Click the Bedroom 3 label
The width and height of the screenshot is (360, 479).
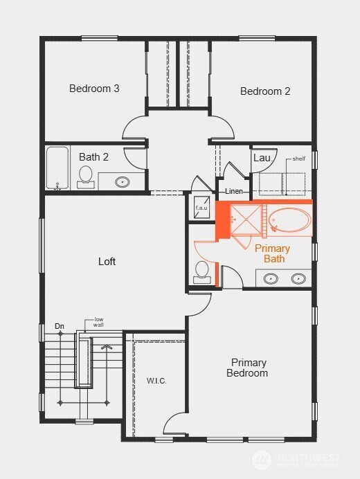click(x=94, y=89)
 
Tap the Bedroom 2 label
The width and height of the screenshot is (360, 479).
click(x=265, y=91)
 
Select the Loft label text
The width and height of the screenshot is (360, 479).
click(x=107, y=262)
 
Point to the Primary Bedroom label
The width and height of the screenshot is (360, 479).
click(x=249, y=368)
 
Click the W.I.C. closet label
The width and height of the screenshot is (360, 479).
click(x=156, y=381)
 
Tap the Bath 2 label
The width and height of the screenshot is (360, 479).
click(x=93, y=157)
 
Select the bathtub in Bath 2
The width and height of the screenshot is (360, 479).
click(x=57, y=168)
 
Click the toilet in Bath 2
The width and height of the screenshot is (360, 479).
click(x=87, y=176)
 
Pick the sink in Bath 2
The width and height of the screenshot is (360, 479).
click(x=122, y=182)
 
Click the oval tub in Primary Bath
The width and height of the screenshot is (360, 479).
click(x=290, y=220)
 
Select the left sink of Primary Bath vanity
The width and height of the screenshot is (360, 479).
click(x=271, y=279)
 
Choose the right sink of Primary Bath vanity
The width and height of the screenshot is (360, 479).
click(x=298, y=279)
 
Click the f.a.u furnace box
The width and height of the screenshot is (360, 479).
click(x=201, y=207)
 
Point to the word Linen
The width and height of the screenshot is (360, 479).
click(x=233, y=191)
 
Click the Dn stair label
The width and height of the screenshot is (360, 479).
click(x=60, y=326)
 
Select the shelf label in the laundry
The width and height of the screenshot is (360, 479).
click(x=298, y=159)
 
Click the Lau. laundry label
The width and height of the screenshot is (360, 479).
click(x=262, y=158)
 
